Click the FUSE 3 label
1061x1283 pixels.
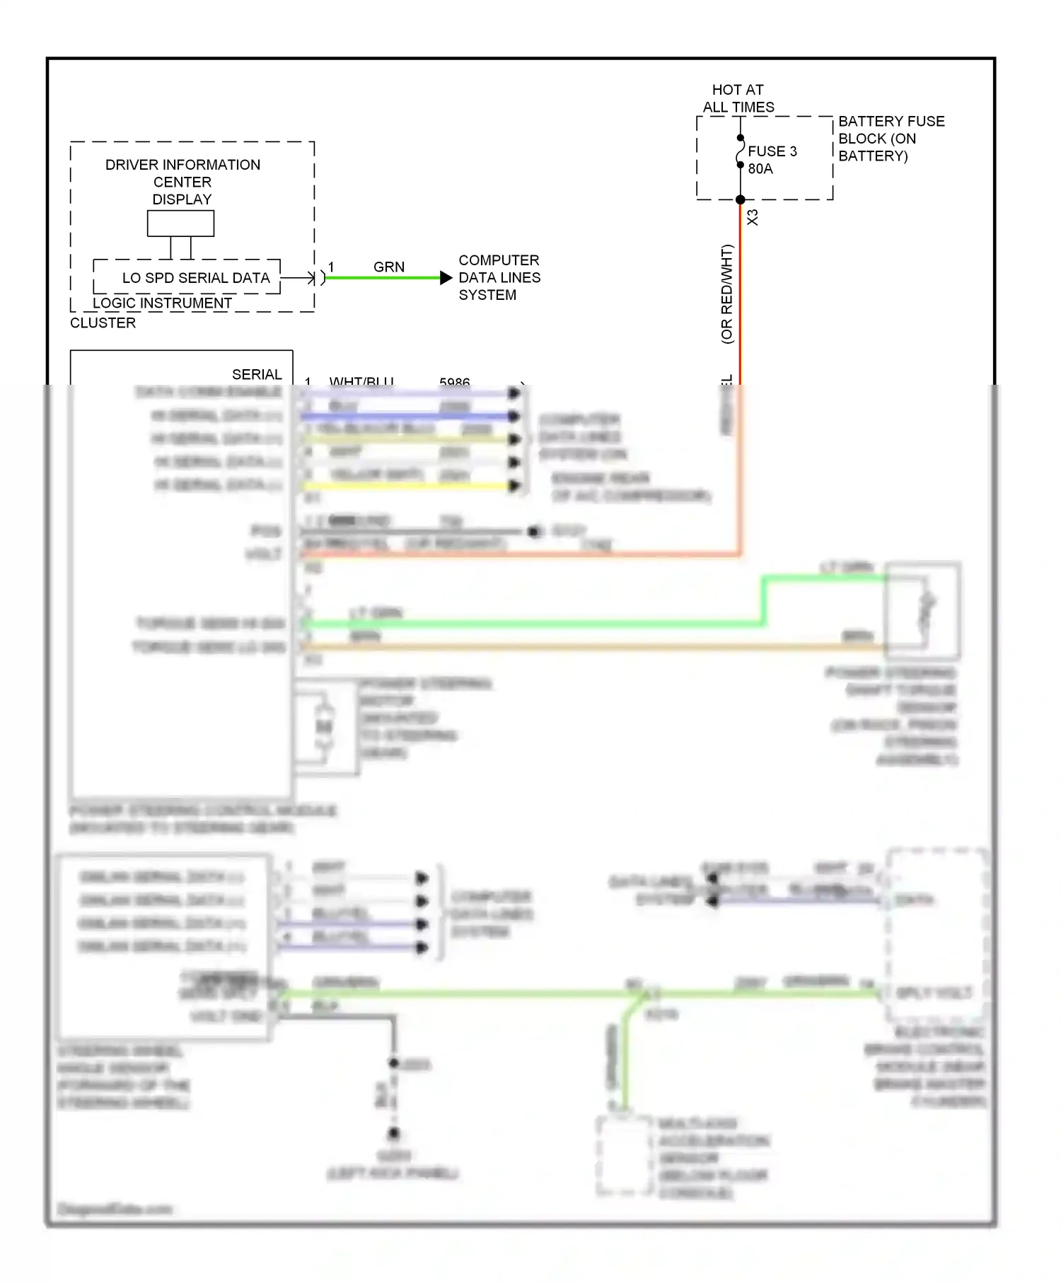tap(772, 151)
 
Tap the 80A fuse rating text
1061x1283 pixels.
tap(760, 169)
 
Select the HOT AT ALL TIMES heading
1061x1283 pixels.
tap(738, 98)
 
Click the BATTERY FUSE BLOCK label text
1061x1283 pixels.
tap(891, 139)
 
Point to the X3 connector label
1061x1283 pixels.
tap(753, 217)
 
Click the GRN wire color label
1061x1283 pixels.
tap(389, 267)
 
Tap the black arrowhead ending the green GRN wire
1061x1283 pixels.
tap(446, 278)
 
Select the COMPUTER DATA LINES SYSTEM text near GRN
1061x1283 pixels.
tap(499, 277)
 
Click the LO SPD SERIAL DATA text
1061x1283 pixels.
tap(196, 278)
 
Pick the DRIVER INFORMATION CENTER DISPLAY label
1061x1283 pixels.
tap(182, 182)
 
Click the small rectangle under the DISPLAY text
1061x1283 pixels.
tap(180, 223)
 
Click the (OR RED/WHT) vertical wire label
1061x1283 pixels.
tap(726, 294)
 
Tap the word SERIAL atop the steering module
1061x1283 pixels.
tap(257, 374)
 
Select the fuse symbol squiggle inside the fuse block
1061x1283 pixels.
tap(740, 151)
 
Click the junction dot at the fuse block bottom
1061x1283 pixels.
tap(740, 199)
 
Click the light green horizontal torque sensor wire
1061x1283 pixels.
tap(530, 624)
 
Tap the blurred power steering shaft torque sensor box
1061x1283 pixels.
tap(922, 610)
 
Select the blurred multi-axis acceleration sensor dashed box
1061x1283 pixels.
tap(624, 1155)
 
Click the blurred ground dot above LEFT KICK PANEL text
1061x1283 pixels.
tap(393, 1134)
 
